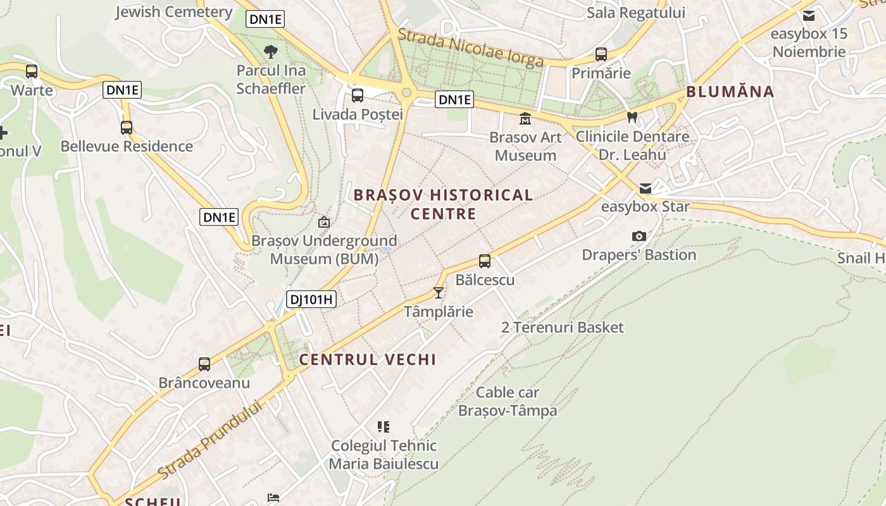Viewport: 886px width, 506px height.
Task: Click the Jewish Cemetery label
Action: [x=173, y=11]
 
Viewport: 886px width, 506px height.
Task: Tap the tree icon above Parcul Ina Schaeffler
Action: [x=271, y=51]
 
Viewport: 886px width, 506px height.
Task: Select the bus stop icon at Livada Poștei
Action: [x=358, y=96]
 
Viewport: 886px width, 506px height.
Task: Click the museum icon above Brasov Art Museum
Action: [x=525, y=118]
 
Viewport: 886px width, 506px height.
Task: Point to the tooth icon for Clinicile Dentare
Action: [x=632, y=117]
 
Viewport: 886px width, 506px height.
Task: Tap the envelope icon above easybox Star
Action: [x=645, y=188]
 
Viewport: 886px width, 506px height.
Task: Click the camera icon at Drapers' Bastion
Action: [x=639, y=237]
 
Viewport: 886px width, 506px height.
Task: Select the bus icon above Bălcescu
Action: [x=485, y=261]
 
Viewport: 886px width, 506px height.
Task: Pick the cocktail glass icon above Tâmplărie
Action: [x=438, y=292]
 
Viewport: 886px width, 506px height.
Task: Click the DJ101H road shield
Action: [x=311, y=299]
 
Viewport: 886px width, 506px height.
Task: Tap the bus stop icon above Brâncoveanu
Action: [x=204, y=364]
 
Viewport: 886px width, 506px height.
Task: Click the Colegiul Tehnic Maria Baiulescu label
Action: [x=384, y=455]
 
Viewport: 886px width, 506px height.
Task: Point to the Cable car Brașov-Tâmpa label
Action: [x=508, y=401]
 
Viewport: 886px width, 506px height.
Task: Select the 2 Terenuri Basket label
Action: [x=562, y=328]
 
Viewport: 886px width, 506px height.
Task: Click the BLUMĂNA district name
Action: [x=730, y=92]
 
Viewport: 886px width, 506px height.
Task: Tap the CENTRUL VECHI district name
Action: [x=368, y=360]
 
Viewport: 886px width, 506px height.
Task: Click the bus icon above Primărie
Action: [x=601, y=54]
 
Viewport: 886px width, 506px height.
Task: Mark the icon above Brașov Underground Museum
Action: [x=324, y=222]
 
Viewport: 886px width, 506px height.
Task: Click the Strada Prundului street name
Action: [x=209, y=440]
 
